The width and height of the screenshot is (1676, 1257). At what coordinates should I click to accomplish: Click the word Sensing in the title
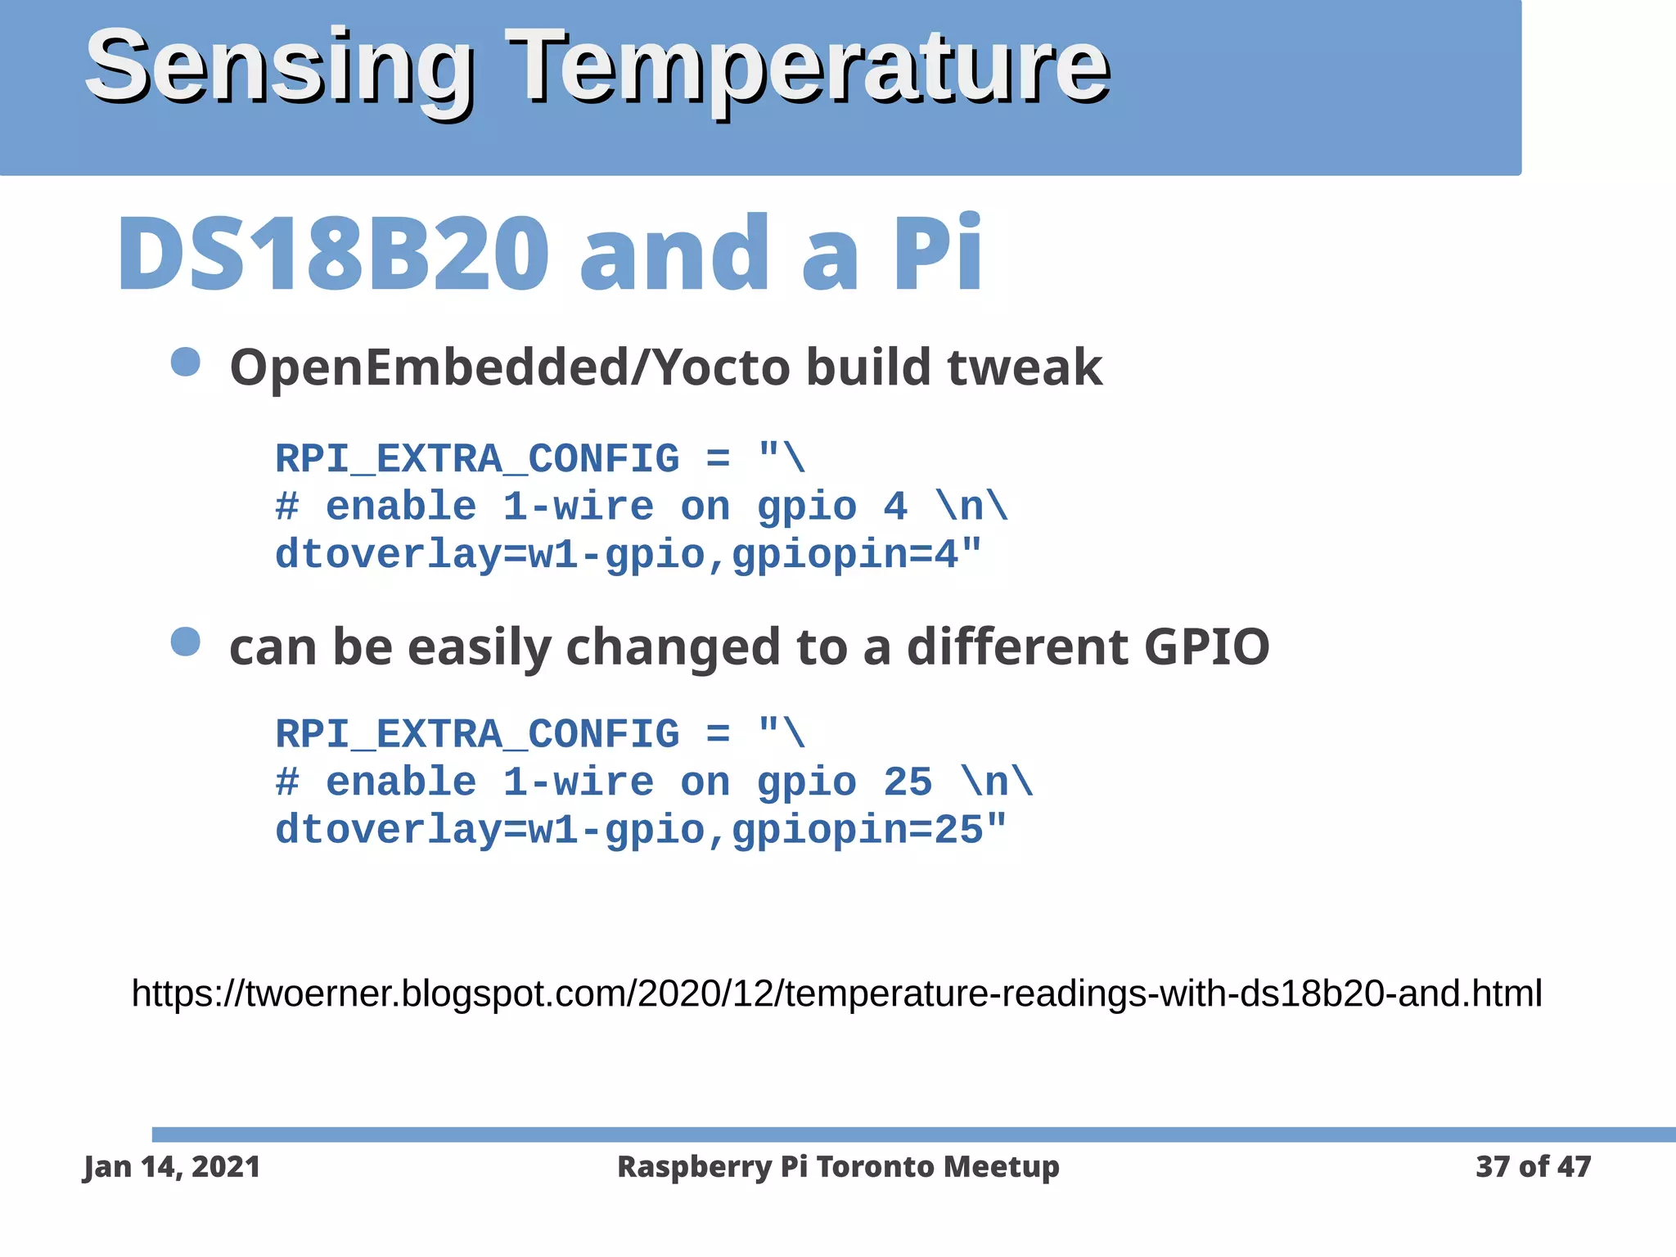[278, 67]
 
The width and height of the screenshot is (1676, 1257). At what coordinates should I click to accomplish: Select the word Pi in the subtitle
[937, 253]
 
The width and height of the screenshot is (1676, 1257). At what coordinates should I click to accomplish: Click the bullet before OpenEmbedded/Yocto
[186, 362]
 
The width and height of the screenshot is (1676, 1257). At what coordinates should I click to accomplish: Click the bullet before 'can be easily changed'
[186, 642]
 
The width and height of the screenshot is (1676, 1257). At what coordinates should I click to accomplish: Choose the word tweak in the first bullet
[1025, 367]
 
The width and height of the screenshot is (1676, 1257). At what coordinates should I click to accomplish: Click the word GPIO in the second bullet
[1206, 647]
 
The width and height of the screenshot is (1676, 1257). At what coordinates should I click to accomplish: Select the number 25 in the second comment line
[907, 782]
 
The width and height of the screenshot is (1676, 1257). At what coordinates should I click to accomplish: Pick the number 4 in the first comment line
[895, 507]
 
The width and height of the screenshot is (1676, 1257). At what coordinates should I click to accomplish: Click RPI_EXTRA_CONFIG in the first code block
[477, 459]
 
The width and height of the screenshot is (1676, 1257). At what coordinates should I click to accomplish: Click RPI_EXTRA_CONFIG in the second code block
[477, 734]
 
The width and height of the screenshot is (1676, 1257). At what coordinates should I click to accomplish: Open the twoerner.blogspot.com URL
[836, 993]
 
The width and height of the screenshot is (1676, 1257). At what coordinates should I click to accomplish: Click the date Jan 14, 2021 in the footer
[172, 1167]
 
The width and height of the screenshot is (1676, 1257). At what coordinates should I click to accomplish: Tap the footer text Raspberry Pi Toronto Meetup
[838, 1167]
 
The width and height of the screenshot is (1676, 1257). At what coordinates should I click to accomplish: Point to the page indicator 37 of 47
[1533, 1167]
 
